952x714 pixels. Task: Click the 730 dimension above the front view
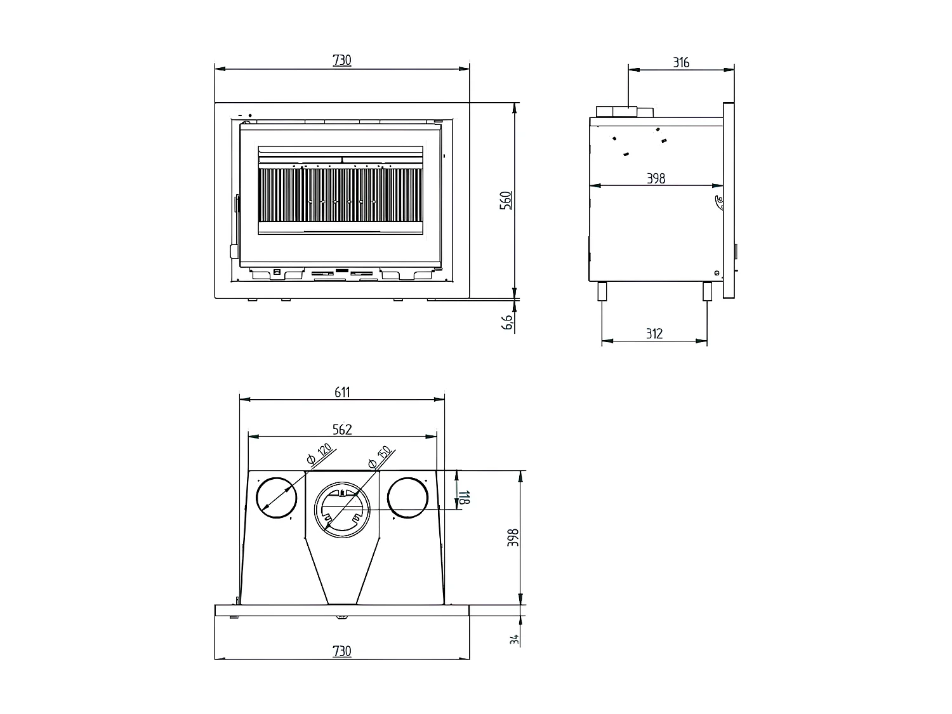coord(341,60)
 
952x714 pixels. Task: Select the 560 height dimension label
coord(506,201)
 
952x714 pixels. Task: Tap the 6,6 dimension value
coord(507,322)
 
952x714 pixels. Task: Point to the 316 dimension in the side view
coord(681,63)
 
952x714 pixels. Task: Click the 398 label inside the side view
coord(656,178)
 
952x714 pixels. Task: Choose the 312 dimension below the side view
coord(654,333)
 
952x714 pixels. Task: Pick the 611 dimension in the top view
coord(342,392)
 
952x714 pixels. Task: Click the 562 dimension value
coord(342,429)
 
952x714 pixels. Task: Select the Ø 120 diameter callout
coord(319,453)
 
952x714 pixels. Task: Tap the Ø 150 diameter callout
coord(380,457)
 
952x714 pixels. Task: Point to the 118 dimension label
coord(464,497)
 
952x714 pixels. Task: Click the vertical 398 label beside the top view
coord(513,538)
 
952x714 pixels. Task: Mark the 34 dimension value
coord(514,640)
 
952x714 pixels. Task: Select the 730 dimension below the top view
coord(341,651)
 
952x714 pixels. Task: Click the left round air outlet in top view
coord(276,498)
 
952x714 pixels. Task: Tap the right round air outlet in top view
coord(407,498)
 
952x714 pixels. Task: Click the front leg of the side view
coord(707,291)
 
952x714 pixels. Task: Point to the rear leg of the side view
coord(602,291)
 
